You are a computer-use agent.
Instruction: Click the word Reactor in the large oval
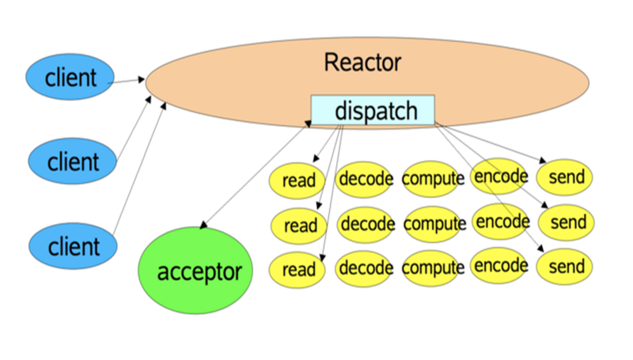pyautogui.click(x=362, y=63)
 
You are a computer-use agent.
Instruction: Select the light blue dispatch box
pyautogui.click(x=373, y=111)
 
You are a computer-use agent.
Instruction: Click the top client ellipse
pyautogui.click(x=70, y=77)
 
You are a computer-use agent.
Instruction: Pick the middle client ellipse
pyautogui.click(x=72, y=162)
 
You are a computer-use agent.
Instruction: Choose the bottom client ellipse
pyautogui.click(x=72, y=246)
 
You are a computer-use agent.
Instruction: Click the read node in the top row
pyautogui.click(x=298, y=180)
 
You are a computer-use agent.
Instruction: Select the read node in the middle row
pyautogui.click(x=299, y=226)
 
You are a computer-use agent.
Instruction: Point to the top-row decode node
pyautogui.click(x=366, y=179)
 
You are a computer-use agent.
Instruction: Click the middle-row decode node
pyautogui.click(x=367, y=224)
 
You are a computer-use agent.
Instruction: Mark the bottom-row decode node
pyautogui.click(x=366, y=267)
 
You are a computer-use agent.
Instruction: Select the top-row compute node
pyautogui.click(x=433, y=179)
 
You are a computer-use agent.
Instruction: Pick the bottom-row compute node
pyautogui.click(x=433, y=268)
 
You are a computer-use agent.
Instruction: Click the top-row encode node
pyautogui.click(x=500, y=176)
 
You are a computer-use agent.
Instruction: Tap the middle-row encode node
pyautogui.click(x=502, y=221)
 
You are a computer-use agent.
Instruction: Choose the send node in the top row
pyautogui.click(x=566, y=176)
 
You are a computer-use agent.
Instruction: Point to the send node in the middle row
pyautogui.click(x=567, y=222)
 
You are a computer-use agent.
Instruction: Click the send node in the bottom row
pyautogui.click(x=566, y=267)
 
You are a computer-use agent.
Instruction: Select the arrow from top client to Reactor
pyautogui.click(x=127, y=80)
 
